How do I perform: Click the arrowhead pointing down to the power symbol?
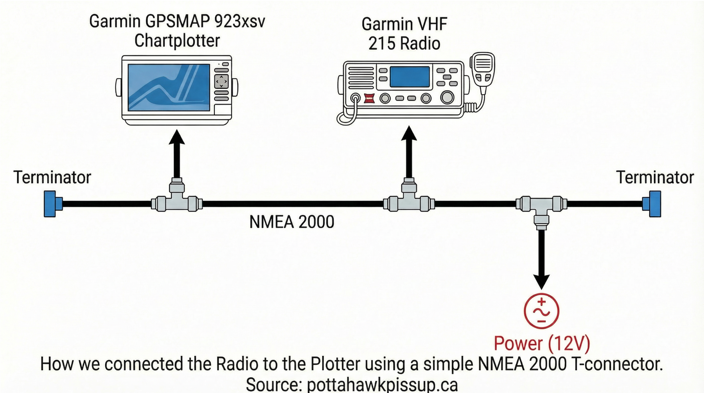tap(541, 281)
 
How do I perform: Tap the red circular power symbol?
tap(541, 311)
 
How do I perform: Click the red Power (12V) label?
tap(542, 343)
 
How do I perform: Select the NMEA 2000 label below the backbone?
tap(292, 222)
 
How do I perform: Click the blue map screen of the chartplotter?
tap(169, 88)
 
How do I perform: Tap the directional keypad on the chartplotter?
tap(221, 81)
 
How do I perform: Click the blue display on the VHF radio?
tap(409, 77)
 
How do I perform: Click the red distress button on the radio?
tap(369, 99)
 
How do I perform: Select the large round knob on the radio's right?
tap(447, 97)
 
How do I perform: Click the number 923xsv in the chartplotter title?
tap(240, 21)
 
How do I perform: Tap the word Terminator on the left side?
tap(52, 178)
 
